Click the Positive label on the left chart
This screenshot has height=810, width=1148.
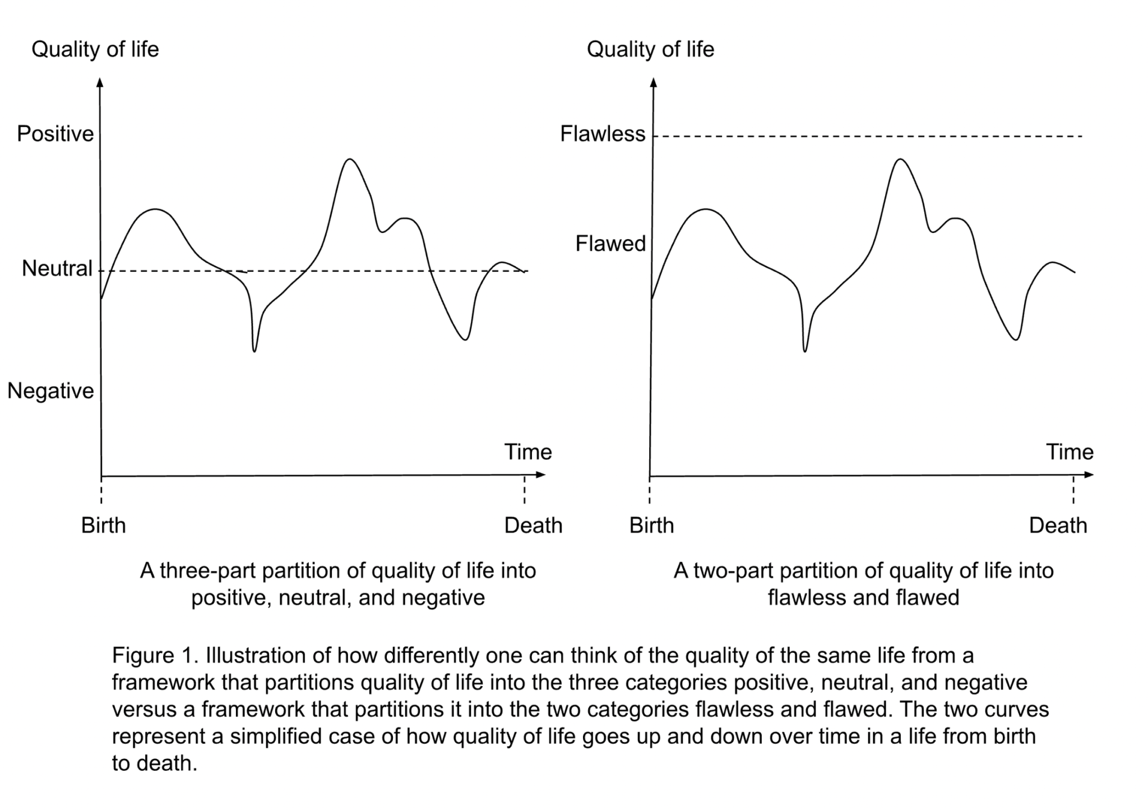pyautogui.click(x=55, y=134)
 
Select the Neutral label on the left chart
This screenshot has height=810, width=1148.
pyautogui.click(x=57, y=269)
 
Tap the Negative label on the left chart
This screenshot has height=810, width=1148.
pyautogui.click(x=50, y=390)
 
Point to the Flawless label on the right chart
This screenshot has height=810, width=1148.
pyautogui.click(x=603, y=134)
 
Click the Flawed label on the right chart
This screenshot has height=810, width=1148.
pyautogui.click(x=610, y=244)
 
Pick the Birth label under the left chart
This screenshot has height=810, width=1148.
pyautogui.click(x=104, y=525)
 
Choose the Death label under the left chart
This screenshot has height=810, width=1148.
pyautogui.click(x=533, y=525)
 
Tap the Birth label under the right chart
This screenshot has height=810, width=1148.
pyautogui.click(x=651, y=525)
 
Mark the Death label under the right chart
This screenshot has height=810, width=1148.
pyautogui.click(x=1058, y=525)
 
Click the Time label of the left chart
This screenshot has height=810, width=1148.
pyautogui.click(x=528, y=452)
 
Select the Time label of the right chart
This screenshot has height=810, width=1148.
pyautogui.click(x=1070, y=452)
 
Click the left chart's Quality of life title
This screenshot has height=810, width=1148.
pyautogui.click(x=95, y=49)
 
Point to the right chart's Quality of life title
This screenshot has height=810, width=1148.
pyautogui.click(x=650, y=49)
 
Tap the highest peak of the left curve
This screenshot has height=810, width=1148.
pyautogui.click(x=350, y=160)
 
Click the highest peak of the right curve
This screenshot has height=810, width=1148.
pyautogui.click(x=900, y=160)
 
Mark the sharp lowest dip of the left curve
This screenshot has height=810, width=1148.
pyautogui.click(x=254, y=351)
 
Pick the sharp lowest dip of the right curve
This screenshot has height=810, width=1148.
pyautogui.click(x=805, y=351)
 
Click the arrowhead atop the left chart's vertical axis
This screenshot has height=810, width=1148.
pyautogui.click(x=100, y=83)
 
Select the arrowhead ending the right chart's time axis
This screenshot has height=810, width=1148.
pyautogui.click(x=1089, y=475)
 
